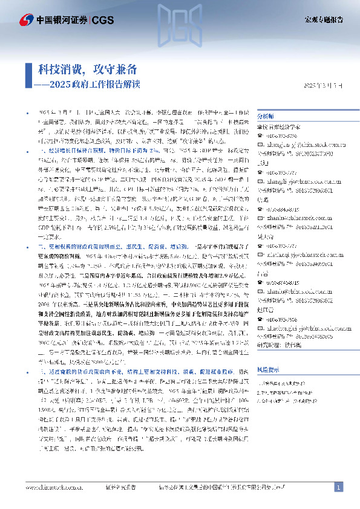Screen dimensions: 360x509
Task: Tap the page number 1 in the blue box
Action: point(339,487)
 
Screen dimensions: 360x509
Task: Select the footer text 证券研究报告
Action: point(120,487)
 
